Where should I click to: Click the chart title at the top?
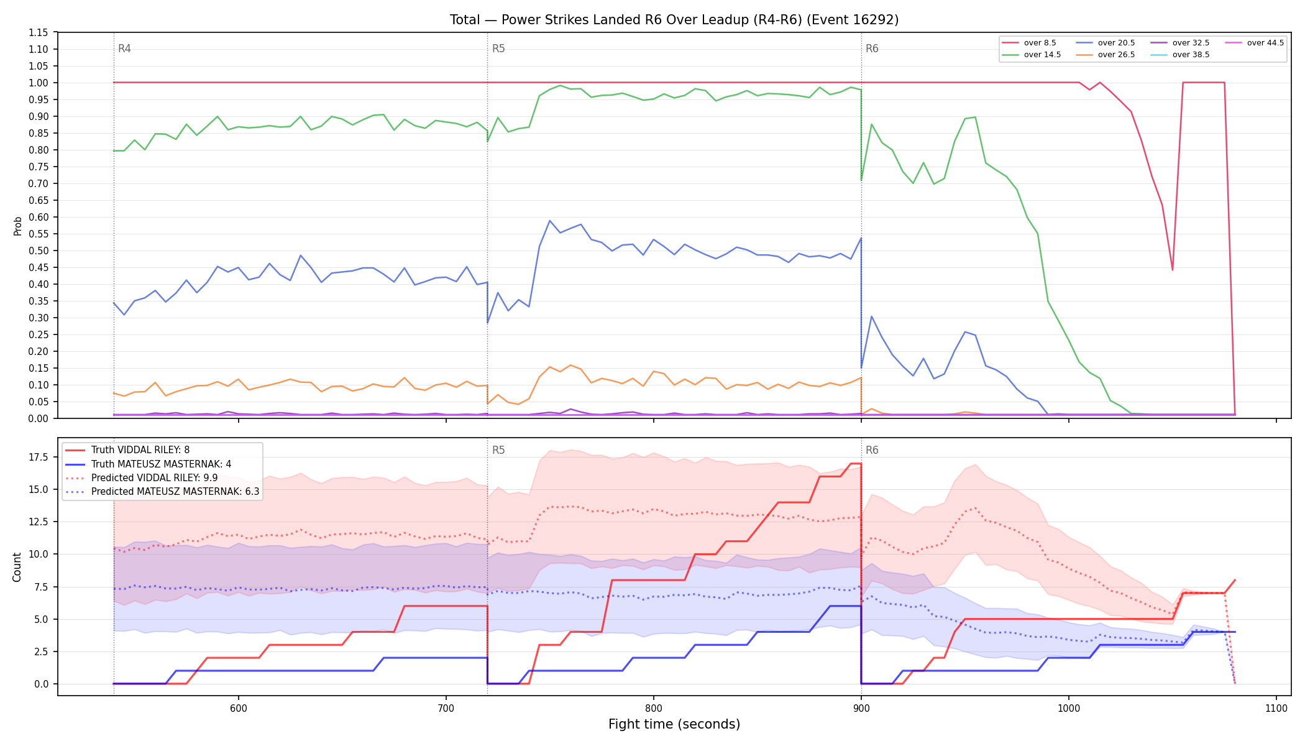674,20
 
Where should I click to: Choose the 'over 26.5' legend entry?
1106,55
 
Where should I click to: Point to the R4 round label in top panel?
124,48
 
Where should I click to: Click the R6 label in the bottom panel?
872,450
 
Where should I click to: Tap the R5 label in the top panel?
498,48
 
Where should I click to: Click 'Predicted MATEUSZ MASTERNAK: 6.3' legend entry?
162,492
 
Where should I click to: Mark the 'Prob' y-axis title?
17,226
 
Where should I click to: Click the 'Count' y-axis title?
17,567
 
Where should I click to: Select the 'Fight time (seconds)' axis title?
674,724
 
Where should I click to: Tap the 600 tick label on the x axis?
239,708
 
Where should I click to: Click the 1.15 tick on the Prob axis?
39,32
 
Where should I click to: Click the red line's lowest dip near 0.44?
1173,270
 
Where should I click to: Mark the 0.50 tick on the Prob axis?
39,251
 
